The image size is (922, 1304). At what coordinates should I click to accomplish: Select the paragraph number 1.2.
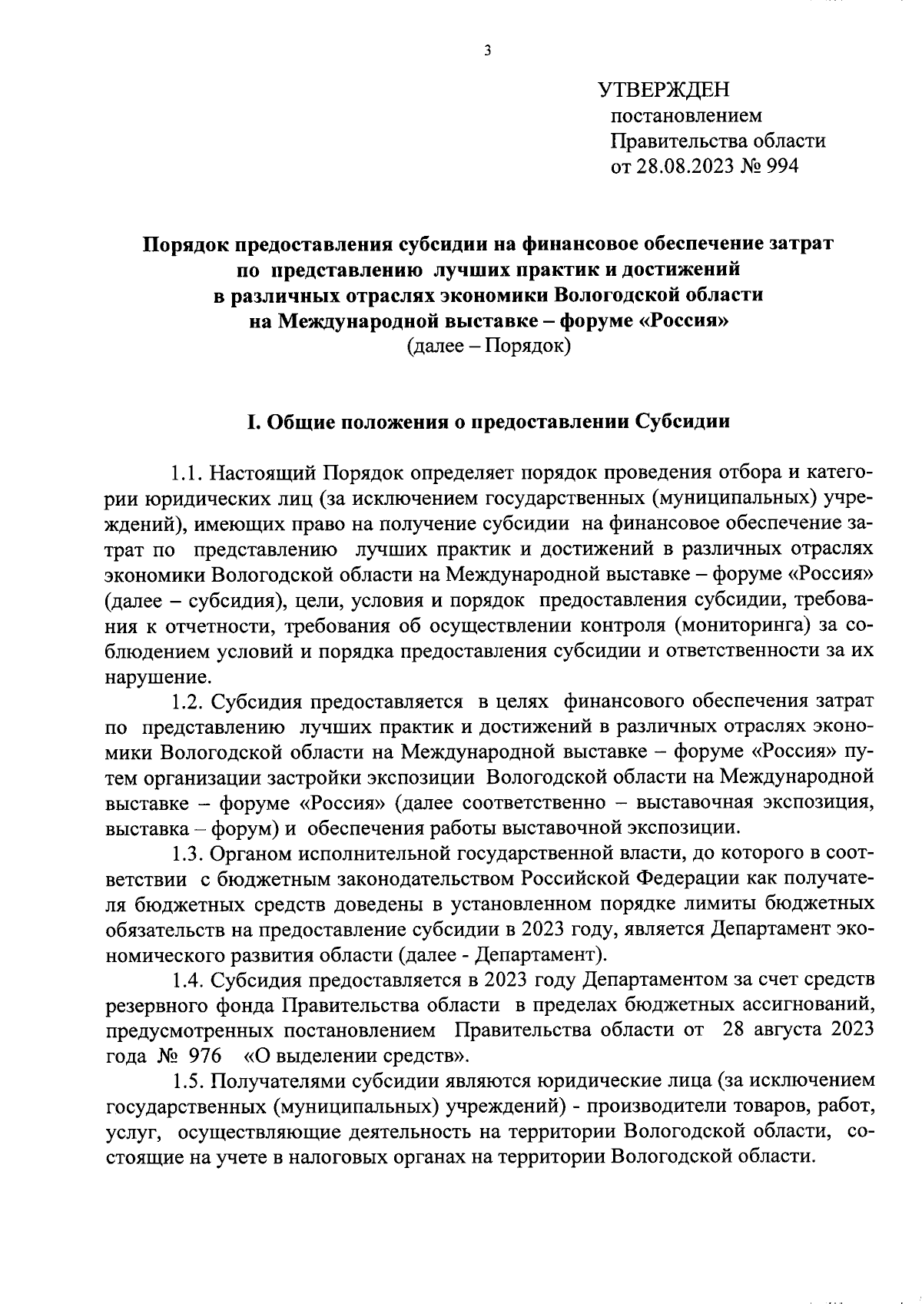(187, 702)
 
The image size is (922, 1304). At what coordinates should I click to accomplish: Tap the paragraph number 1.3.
(187, 854)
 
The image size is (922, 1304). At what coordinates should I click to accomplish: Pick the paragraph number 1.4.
(187, 980)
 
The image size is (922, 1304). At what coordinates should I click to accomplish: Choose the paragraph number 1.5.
(187, 1081)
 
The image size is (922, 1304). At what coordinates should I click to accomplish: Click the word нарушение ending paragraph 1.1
(158, 677)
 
